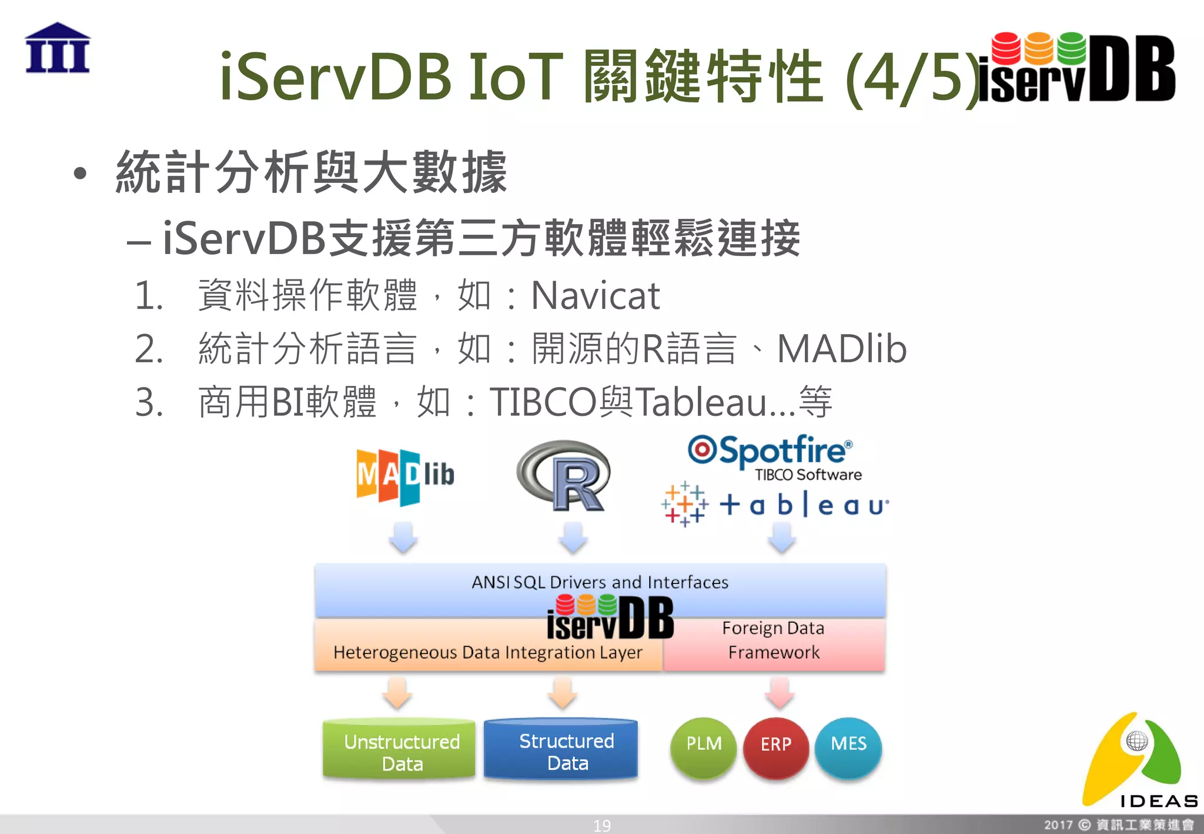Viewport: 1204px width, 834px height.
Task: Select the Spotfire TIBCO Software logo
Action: pos(774,458)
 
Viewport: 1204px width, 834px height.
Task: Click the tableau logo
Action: pos(775,505)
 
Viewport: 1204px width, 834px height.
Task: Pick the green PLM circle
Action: pos(703,746)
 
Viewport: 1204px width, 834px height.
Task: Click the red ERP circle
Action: pos(776,746)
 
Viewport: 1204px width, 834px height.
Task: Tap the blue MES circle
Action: pos(848,746)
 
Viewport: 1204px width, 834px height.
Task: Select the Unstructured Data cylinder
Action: pos(400,750)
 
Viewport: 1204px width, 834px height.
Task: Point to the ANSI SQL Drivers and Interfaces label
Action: pos(600,582)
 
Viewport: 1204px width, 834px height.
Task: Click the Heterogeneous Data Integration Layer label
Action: pos(487,653)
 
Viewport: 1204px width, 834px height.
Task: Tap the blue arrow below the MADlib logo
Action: pos(404,536)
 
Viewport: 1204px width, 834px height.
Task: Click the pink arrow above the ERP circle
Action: pos(780,692)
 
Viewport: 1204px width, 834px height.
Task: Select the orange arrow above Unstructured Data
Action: pos(397,692)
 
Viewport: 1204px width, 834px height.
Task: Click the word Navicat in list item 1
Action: pos(595,295)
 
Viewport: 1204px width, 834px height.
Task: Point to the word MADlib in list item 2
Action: pos(841,349)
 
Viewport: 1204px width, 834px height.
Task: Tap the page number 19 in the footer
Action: pos(601,826)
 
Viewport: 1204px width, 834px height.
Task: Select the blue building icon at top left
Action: pos(58,48)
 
